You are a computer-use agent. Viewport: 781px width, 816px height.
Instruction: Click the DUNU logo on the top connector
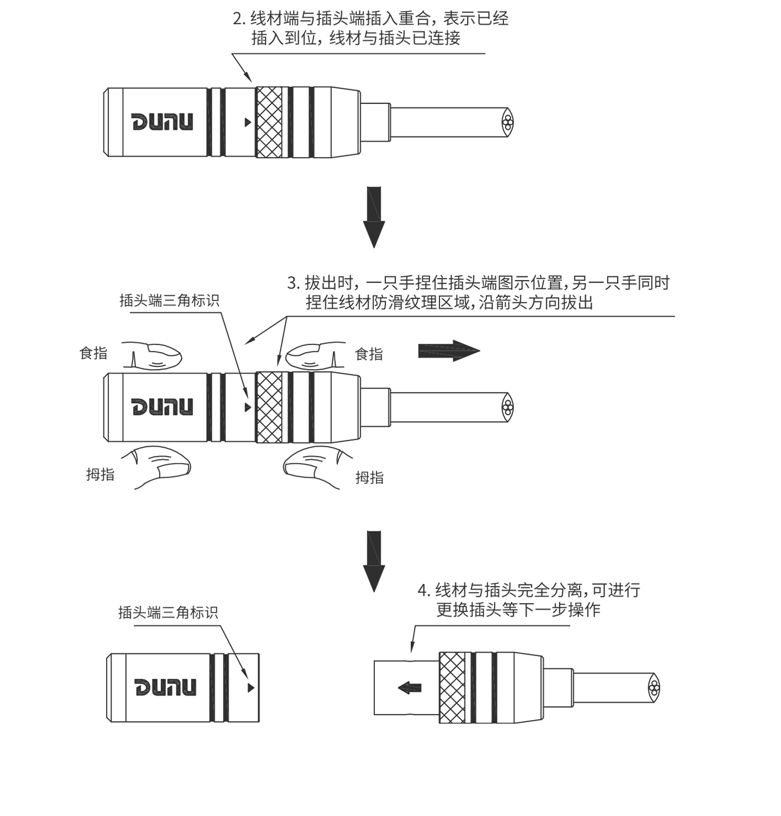click(162, 122)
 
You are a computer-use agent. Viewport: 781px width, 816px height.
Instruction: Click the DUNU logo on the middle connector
click(162, 406)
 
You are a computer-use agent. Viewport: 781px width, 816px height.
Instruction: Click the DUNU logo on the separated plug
click(166, 687)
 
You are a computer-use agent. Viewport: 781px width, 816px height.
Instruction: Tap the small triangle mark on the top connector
click(248, 122)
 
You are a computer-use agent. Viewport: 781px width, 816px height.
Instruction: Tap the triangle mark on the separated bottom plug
click(251, 687)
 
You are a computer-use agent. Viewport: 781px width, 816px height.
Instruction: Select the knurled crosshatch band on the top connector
click(269, 122)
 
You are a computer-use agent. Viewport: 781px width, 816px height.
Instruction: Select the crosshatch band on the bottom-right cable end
click(452, 687)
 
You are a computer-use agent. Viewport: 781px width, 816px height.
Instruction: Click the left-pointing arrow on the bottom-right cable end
click(410, 688)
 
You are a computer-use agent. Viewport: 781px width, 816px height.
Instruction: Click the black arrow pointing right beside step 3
click(448, 351)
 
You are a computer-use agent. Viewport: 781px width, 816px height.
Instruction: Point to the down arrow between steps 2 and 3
click(374, 216)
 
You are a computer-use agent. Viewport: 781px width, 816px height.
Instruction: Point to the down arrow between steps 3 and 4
click(374, 561)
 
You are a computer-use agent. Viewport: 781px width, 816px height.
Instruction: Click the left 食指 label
click(93, 353)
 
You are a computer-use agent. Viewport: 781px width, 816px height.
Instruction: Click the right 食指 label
click(369, 354)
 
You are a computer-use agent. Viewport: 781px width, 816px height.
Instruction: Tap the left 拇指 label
click(100, 474)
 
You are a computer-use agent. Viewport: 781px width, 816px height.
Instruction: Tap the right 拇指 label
click(369, 477)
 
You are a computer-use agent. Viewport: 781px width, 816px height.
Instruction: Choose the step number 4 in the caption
click(423, 591)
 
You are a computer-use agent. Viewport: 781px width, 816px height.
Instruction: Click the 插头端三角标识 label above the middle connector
click(169, 300)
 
